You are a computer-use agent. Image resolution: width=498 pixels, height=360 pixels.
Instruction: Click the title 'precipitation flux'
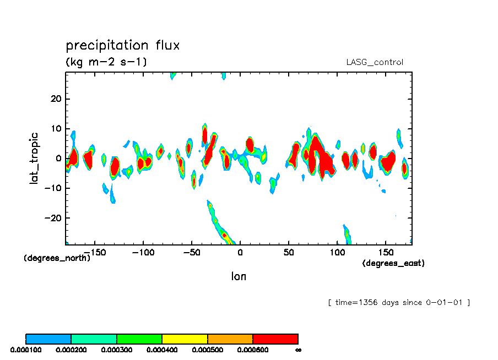click(123, 45)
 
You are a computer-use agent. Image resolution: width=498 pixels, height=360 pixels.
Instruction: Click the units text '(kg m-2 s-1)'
click(106, 62)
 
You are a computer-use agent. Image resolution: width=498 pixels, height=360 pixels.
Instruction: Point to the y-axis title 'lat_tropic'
click(34, 157)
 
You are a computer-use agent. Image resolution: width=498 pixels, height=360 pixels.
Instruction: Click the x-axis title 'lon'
click(239, 276)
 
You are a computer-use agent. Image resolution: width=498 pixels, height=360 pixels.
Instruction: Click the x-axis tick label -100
click(143, 252)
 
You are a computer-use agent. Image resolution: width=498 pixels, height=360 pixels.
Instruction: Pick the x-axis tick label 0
click(240, 252)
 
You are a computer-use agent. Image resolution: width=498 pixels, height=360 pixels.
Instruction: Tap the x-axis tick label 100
click(337, 252)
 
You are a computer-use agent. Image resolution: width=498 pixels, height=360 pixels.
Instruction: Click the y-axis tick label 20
click(56, 99)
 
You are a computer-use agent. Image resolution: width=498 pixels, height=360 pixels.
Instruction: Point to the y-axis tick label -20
click(53, 218)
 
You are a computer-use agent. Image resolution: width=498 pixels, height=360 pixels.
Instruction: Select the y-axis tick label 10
click(56, 129)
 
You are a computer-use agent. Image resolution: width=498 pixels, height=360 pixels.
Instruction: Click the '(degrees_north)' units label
click(57, 258)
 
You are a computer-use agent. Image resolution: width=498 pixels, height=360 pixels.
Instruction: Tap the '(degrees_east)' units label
click(393, 263)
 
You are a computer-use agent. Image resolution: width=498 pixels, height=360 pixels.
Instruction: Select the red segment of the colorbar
click(275, 339)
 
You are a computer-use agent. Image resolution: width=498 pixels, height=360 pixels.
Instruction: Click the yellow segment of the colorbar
click(185, 339)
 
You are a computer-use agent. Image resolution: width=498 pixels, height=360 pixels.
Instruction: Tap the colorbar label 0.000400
click(161, 350)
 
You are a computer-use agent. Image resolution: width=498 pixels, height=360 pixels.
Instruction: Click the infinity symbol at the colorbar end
click(298, 350)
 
